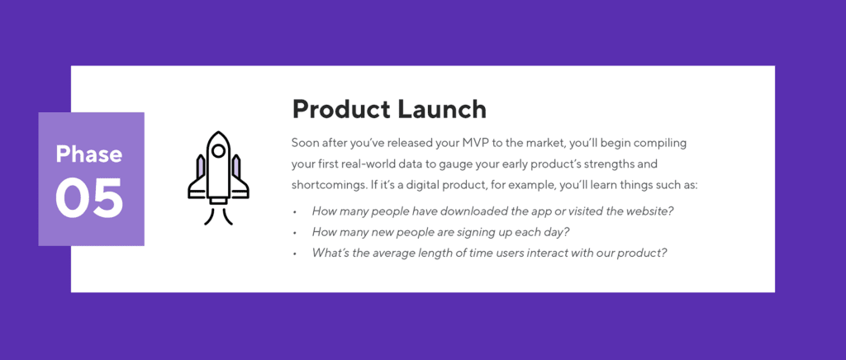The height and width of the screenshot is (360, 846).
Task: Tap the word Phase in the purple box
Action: [x=89, y=154]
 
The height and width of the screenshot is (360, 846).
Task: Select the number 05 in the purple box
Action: [x=89, y=199]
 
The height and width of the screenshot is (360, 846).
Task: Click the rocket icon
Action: [x=218, y=178]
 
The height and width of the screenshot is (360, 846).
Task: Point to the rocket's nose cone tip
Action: [x=218, y=133]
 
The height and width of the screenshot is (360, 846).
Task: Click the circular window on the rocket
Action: [x=218, y=151]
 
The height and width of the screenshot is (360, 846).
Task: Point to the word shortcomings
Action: [x=329, y=185]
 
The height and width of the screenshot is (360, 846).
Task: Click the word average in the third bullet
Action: [x=395, y=253]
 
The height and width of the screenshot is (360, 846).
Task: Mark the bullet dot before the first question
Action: [x=295, y=212]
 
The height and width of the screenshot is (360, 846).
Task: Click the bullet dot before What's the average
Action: [x=295, y=253]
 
